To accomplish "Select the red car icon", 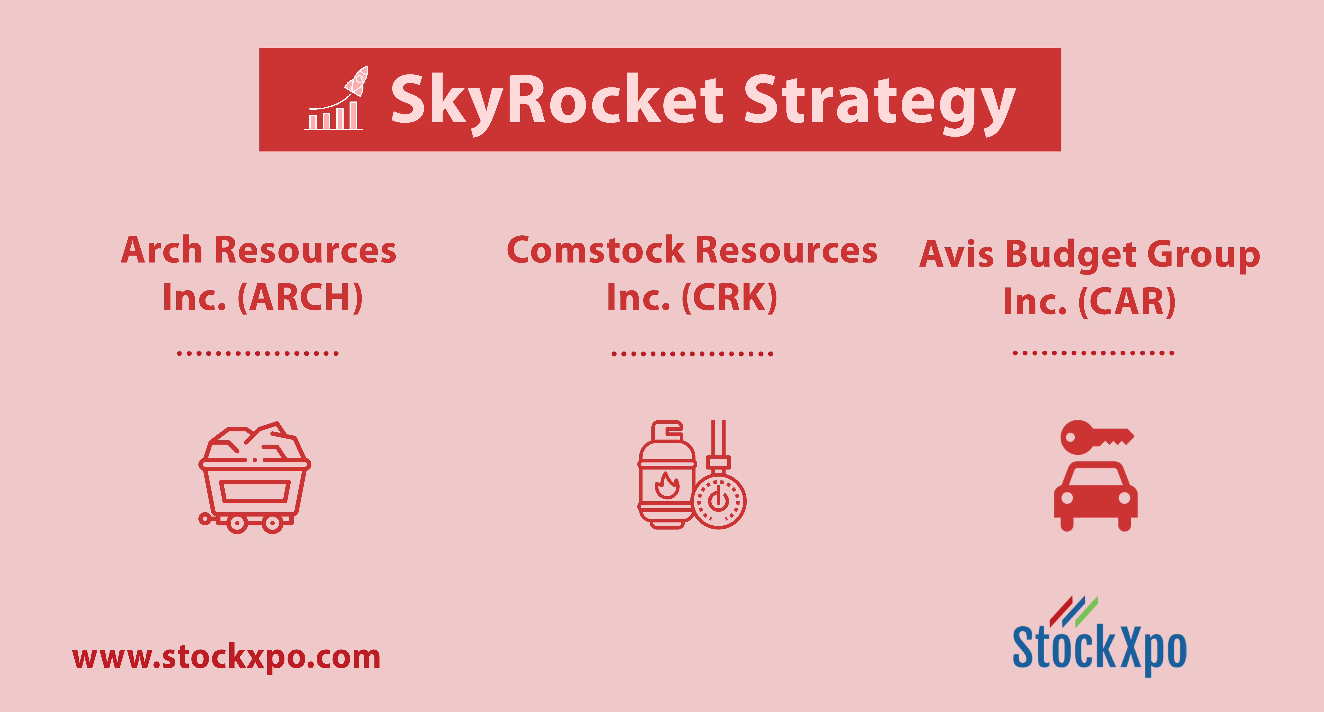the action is (x=1096, y=496).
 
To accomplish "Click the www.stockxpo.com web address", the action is (x=226, y=657).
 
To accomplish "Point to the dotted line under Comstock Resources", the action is (x=692, y=354).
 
